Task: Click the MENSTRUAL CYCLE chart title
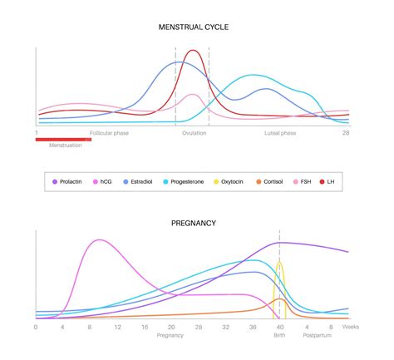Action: tap(194, 27)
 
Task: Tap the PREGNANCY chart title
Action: tap(194, 223)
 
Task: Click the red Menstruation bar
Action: tap(63, 140)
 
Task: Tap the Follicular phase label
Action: tap(111, 132)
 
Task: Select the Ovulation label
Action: tap(194, 132)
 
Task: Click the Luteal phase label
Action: tap(280, 132)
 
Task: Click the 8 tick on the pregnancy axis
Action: tap(90, 328)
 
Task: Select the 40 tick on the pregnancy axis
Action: tap(279, 328)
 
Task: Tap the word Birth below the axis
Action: tap(279, 336)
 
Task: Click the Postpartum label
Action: tap(317, 336)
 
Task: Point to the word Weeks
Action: tap(351, 328)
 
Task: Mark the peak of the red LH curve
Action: tap(194, 51)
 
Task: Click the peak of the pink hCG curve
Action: tap(100, 240)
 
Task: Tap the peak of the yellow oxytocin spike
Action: tap(280, 264)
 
